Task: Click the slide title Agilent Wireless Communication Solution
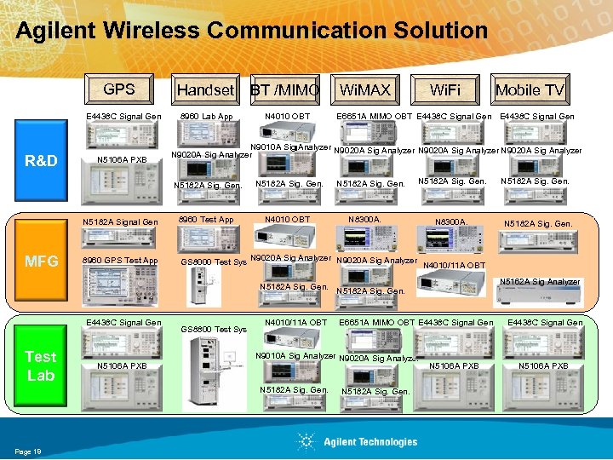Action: pyautogui.click(x=252, y=32)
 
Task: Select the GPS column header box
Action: pyautogui.click(x=119, y=89)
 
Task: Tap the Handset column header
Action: pyautogui.click(x=204, y=89)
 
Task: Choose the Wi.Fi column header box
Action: pyautogui.click(x=444, y=89)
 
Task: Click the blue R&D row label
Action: pyautogui.click(x=41, y=159)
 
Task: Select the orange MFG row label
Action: pyautogui.click(x=40, y=261)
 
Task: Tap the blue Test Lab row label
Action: pyautogui.click(x=40, y=365)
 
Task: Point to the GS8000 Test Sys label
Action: pyautogui.click(x=213, y=262)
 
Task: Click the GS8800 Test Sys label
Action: pyautogui.click(x=213, y=329)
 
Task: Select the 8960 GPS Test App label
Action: pyautogui.click(x=119, y=261)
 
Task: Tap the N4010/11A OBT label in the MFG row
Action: pyautogui.click(x=454, y=265)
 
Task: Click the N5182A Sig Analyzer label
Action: pyautogui.click(x=540, y=281)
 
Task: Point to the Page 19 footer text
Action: pyautogui.click(x=28, y=451)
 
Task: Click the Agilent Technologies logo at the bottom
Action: pyautogui.click(x=358, y=441)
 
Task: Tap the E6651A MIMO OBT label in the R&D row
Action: pyautogui.click(x=374, y=117)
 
